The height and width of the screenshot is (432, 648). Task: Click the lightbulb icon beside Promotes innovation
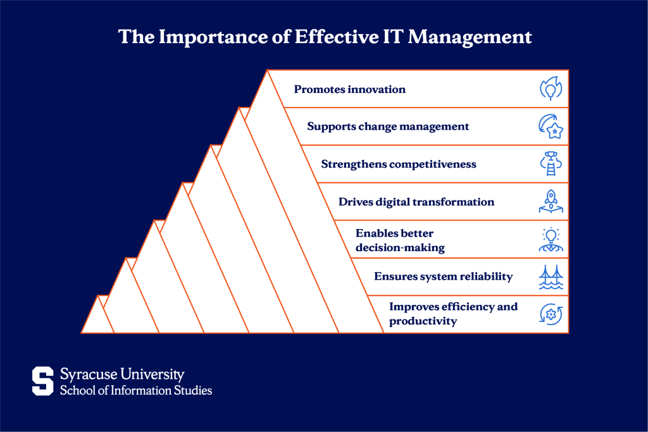[551, 89]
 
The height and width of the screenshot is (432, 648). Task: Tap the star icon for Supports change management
[551, 127]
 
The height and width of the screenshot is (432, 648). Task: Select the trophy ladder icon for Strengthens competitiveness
[551, 164]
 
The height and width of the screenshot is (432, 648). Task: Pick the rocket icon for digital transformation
[551, 202]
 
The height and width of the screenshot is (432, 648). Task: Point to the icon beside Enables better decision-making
[551, 240]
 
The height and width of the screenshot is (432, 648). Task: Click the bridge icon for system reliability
[551, 277]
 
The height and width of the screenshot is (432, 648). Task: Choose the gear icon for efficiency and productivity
[551, 314]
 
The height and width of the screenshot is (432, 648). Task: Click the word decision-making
[400, 247]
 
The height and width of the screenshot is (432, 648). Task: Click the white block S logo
[42, 381]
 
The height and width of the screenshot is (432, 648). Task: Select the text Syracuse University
[122, 374]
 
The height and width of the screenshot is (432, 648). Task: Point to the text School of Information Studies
[136, 390]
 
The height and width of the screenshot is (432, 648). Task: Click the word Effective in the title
[335, 37]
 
